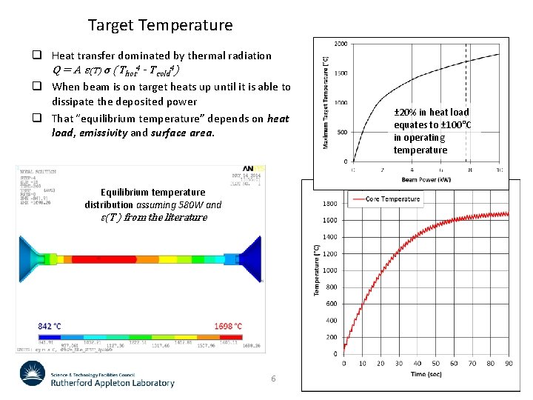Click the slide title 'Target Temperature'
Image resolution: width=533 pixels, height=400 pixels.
[x=160, y=25]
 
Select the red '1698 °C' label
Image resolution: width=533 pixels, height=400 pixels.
[x=227, y=326]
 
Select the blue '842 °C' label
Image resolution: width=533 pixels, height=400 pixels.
[x=50, y=326]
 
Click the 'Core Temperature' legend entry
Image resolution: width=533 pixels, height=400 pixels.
[x=393, y=199]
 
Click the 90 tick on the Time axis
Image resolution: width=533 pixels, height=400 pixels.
[x=508, y=364]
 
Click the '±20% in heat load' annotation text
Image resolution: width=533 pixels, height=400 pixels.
[x=432, y=112]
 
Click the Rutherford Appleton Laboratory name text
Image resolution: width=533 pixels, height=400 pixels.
[x=113, y=383]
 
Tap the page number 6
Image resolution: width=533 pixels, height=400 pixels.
[x=273, y=379]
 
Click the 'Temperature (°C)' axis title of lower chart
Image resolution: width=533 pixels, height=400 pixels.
[x=317, y=270]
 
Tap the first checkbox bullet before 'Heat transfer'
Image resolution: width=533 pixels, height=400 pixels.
[x=36, y=56]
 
